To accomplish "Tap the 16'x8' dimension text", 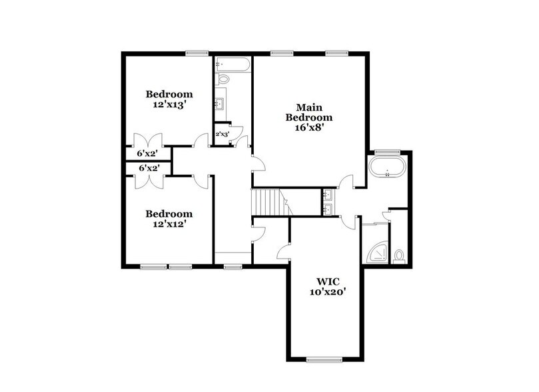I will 308,128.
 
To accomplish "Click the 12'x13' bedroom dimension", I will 169,104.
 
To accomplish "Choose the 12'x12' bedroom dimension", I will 169,224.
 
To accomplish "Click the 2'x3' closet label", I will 222,134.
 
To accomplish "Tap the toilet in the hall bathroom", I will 223,79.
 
